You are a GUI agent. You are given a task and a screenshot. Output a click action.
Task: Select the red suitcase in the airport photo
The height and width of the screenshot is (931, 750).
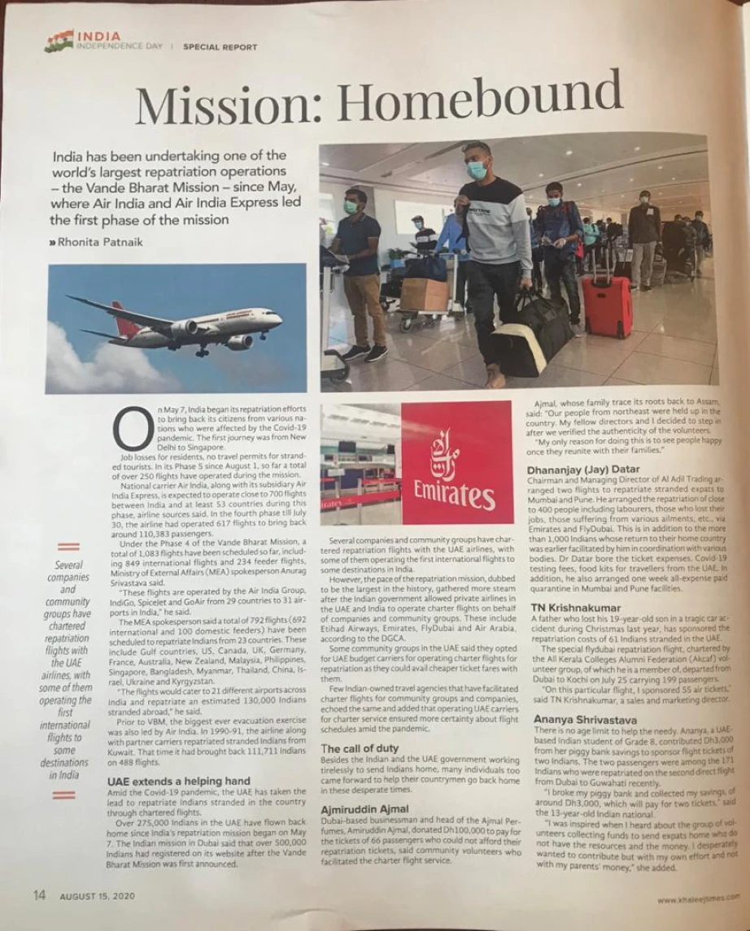click(x=607, y=307)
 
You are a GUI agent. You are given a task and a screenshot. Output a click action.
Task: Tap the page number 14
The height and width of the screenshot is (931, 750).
click(x=39, y=895)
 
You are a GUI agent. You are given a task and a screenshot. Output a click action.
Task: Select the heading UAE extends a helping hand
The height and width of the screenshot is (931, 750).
click(x=179, y=781)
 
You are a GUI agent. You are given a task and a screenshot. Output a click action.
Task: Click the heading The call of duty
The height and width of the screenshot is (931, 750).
click(x=359, y=749)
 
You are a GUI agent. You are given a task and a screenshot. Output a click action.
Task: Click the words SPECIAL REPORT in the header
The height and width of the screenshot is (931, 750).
click(x=220, y=47)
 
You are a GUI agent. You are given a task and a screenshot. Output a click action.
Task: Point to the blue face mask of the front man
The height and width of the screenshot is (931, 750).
click(x=477, y=169)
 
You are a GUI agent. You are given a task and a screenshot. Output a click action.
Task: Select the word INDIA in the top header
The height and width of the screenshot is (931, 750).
click(x=98, y=37)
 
